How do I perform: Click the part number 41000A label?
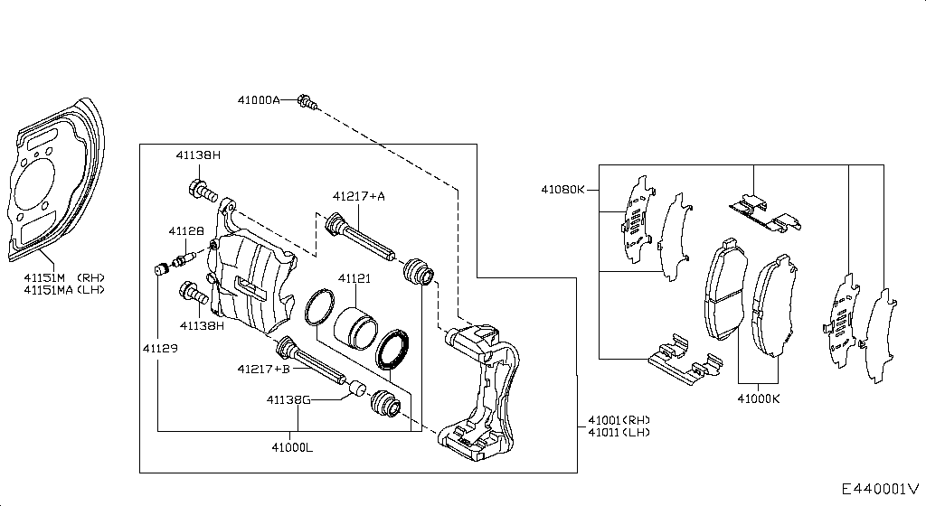pyautogui.click(x=259, y=100)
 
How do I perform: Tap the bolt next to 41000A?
pyautogui.click(x=307, y=102)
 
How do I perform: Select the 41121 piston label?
pyautogui.click(x=354, y=278)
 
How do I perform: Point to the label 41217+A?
pyautogui.click(x=358, y=196)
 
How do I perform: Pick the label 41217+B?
pyautogui.click(x=264, y=370)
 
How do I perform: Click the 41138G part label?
pyautogui.click(x=288, y=400)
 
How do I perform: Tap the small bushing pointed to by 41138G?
pyautogui.click(x=356, y=389)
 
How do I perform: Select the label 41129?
pyautogui.click(x=160, y=349)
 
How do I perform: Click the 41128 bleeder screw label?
pyautogui.click(x=186, y=231)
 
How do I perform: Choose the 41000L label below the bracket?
pyautogui.click(x=292, y=447)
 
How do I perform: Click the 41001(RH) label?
pyautogui.click(x=619, y=420)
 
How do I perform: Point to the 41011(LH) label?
pyautogui.click(x=619, y=432)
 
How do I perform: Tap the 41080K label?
pyautogui.click(x=562, y=190)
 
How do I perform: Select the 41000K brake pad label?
pyautogui.click(x=759, y=399)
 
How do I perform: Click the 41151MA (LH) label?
pyautogui.click(x=64, y=289)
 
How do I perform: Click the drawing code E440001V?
pyautogui.click(x=881, y=489)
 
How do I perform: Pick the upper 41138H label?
pyautogui.click(x=198, y=155)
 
